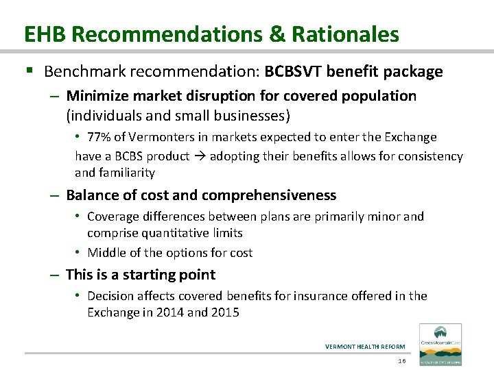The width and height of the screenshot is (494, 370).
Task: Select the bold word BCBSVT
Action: (x=299, y=71)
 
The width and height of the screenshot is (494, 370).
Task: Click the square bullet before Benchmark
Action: (x=28, y=71)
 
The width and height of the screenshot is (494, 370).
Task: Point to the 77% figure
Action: (x=100, y=138)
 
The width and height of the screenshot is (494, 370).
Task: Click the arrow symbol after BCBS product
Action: (x=200, y=156)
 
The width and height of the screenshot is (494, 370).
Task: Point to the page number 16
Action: (x=402, y=360)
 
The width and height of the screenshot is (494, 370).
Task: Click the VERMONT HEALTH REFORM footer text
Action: (x=365, y=347)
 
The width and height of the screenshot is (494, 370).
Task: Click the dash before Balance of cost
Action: (x=56, y=195)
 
